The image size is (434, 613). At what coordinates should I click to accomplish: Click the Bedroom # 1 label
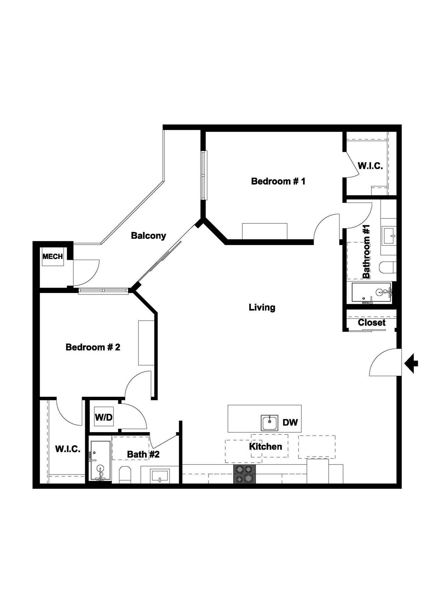[278, 181]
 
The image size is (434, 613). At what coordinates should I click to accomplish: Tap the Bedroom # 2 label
[93, 347]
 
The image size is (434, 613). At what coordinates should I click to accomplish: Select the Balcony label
[148, 236]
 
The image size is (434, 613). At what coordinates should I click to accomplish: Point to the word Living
[262, 307]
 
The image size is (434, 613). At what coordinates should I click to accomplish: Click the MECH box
[53, 257]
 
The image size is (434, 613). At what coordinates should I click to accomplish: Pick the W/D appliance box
[104, 417]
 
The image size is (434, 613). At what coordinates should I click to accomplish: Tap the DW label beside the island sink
[290, 422]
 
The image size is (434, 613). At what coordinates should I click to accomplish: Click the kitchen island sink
[269, 423]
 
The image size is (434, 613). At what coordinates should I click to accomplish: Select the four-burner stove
[245, 474]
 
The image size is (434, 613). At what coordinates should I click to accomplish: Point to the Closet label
[371, 323]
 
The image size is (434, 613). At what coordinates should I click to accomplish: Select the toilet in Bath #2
[125, 474]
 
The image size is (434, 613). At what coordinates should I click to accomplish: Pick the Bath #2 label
[143, 454]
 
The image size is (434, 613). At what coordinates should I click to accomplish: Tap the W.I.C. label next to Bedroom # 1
[370, 166]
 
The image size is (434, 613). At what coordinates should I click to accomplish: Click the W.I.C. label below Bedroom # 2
[68, 449]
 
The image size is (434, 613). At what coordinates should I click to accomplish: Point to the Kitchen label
[265, 447]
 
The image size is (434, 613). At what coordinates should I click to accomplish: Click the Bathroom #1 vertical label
[366, 251]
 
